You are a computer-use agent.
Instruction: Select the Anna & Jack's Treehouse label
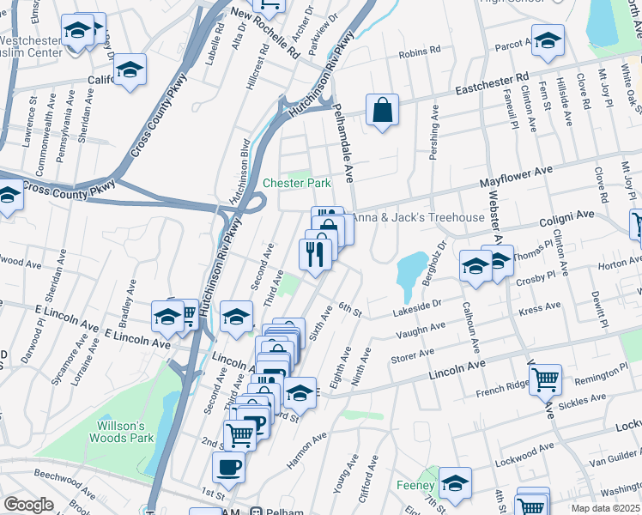pyautogui.click(x=419, y=217)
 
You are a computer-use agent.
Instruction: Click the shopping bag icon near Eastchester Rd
pyautogui.click(x=382, y=110)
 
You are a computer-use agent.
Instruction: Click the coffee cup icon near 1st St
pyautogui.click(x=228, y=467)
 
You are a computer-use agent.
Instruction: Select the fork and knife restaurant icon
pyautogui.click(x=315, y=253)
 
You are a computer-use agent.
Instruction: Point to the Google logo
pyautogui.click(x=28, y=505)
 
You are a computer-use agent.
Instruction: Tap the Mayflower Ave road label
pyautogui.click(x=515, y=183)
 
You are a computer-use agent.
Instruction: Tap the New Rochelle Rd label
pyautogui.click(x=266, y=33)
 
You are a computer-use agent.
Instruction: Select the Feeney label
pyautogui.click(x=416, y=485)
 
